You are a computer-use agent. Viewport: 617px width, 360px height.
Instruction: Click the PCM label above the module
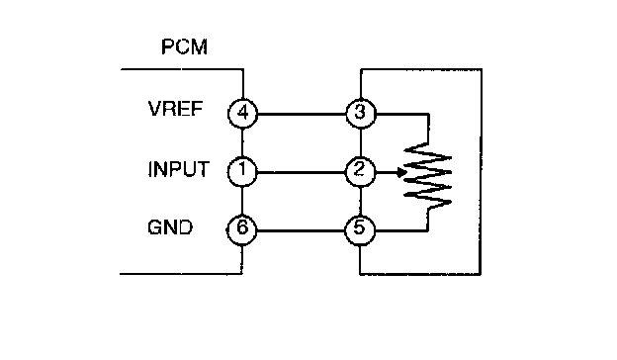pos(184,46)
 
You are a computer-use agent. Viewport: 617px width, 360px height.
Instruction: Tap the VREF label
pos(175,109)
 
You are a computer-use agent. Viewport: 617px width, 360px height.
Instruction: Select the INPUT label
pos(178,169)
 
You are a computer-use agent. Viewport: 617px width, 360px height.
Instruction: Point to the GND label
pos(170,227)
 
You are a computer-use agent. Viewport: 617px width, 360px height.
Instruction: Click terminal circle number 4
pos(243,114)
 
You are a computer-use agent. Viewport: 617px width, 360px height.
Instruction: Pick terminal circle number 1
pos(242,171)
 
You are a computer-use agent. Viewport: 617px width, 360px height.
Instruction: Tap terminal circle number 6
pos(241,229)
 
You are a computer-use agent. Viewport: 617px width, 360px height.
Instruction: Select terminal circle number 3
pos(361,114)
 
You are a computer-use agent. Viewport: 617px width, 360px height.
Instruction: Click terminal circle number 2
pos(360,171)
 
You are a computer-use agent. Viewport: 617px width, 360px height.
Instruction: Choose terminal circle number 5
pos(360,230)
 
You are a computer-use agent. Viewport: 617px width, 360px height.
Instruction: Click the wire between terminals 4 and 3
pos(302,114)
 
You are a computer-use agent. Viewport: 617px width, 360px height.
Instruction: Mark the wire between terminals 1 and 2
pos(301,172)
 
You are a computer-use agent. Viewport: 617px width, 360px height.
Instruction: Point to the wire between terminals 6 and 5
pos(301,230)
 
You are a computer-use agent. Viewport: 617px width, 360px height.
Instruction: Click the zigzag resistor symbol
pos(428,176)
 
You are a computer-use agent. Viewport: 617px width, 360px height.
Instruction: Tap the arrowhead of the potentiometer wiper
pos(401,172)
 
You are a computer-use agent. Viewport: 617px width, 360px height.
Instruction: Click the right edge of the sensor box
pos(481,171)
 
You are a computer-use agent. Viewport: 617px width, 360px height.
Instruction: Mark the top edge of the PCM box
pos(182,69)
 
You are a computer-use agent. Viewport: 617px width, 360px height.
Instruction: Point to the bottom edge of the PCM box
pos(181,273)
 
